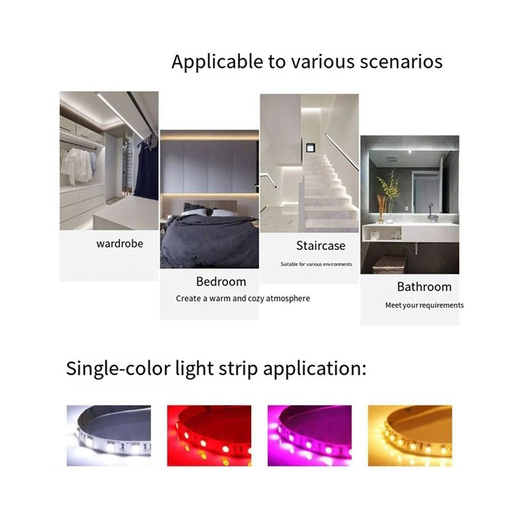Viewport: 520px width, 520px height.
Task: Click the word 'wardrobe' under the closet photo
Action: pos(120,244)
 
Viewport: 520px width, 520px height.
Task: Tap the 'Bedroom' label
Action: pos(221,282)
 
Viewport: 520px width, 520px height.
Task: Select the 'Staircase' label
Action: pos(321,246)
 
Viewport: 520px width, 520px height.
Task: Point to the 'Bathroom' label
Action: pos(424,287)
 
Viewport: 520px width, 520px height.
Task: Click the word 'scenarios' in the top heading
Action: pos(401,61)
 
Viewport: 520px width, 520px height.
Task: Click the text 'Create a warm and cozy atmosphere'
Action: pos(243,298)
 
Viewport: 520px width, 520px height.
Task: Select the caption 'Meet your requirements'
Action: pos(424,305)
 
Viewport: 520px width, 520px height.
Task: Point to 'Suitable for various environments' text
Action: pos(316,264)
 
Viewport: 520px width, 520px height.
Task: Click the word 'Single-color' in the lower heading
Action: pos(118,368)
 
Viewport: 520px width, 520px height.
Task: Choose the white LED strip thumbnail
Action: pos(109,435)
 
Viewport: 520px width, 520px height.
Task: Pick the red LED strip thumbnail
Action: pos(209,435)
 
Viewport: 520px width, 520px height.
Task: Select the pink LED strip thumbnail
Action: pos(310,435)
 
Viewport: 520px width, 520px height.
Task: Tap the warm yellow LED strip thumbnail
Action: pos(410,435)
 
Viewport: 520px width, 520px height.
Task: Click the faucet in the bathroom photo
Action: pos(432,212)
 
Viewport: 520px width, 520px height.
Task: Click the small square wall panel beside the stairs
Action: pos(310,147)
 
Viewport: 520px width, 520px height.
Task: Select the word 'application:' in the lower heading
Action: pos(315,368)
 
